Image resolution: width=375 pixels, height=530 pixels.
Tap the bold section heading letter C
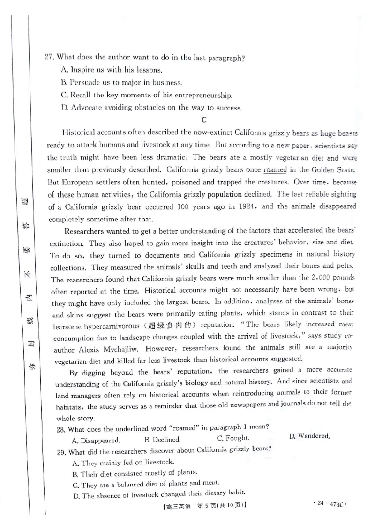[x=203, y=120]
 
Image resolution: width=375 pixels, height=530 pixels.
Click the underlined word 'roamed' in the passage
[x=275, y=169]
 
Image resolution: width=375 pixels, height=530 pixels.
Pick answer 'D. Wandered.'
[x=309, y=436]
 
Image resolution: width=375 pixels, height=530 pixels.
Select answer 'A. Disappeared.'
[x=96, y=441]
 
